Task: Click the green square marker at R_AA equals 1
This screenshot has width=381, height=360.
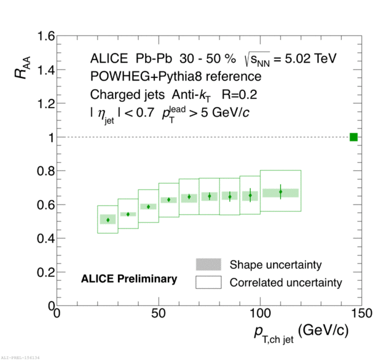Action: tap(353, 137)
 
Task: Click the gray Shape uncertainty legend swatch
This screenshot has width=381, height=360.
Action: tap(208, 265)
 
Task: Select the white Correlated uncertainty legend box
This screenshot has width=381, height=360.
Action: tap(208, 283)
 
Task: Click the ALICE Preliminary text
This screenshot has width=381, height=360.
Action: tap(129, 279)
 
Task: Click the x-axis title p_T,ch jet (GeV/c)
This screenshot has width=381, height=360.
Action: tap(301, 332)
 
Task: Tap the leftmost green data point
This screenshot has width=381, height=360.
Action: tap(108, 220)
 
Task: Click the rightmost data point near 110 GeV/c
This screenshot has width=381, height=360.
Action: tap(280, 192)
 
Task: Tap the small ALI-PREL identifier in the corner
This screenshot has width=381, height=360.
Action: tap(20, 356)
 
